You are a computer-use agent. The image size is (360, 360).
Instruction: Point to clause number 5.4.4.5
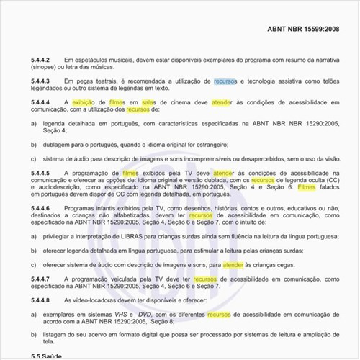coord(41,174)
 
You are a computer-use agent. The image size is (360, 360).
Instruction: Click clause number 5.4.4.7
coord(41,278)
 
